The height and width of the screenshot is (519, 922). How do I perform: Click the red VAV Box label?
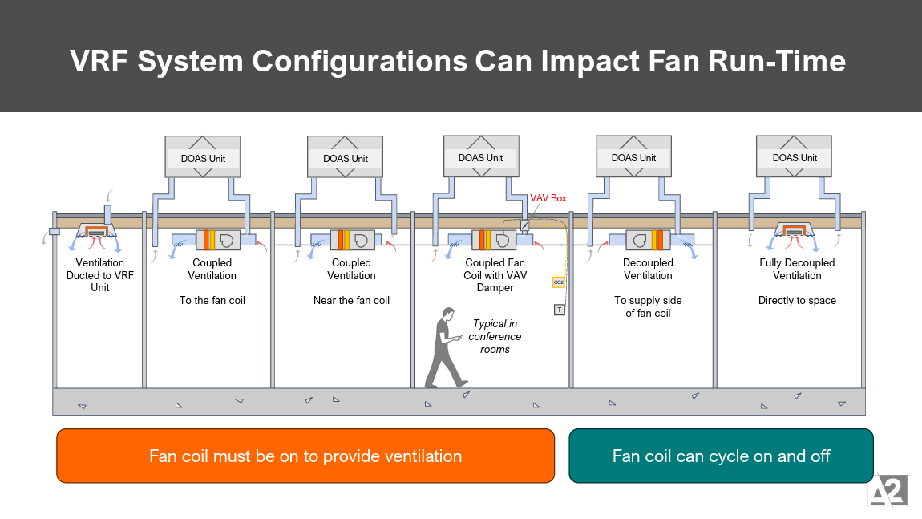(548, 198)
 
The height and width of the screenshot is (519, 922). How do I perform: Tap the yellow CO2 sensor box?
(559, 282)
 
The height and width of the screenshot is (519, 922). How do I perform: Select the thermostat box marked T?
(559, 310)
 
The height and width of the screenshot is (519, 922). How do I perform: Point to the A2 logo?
(887, 489)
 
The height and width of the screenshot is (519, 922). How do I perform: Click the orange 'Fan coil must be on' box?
(305, 456)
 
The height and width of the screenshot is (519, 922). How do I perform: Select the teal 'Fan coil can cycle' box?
(721, 456)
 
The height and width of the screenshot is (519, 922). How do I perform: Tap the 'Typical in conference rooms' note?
(495, 337)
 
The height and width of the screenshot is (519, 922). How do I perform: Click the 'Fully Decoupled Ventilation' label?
(797, 269)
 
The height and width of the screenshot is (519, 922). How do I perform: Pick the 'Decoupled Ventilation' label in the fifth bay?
(648, 269)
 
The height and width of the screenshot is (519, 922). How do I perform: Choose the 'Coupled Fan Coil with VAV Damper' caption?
(495, 275)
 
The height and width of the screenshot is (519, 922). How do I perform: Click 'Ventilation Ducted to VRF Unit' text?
(100, 275)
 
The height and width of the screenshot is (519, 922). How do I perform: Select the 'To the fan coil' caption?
(212, 301)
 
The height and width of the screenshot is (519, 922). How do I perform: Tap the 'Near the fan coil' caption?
(351, 301)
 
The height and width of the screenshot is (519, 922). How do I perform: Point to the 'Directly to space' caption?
(797, 301)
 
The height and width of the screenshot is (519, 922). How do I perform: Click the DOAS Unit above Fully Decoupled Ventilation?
(795, 156)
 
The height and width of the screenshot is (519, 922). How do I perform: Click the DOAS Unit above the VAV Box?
(481, 156)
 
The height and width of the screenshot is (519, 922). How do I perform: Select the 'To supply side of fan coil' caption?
(648, 307)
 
